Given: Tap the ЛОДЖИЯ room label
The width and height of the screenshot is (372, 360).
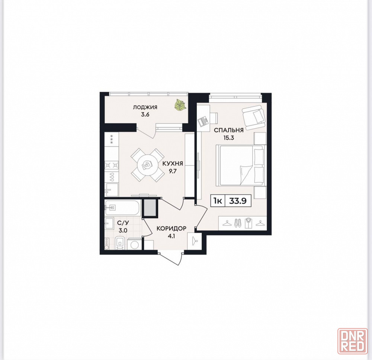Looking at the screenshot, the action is [x=145, y=107].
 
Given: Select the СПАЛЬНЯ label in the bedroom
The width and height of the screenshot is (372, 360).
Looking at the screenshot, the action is [x=229, y=130].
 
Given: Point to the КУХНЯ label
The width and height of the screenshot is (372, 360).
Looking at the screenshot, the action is [x=173, y=163].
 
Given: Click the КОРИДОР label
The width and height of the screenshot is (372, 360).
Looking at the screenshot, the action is [x=171, y=228].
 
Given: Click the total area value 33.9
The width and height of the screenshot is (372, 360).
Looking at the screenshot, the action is [x=237, y=201].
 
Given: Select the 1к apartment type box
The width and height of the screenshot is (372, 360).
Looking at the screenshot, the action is [x=218, y=201].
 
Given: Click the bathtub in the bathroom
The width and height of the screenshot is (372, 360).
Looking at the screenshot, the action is [x=124, y=208].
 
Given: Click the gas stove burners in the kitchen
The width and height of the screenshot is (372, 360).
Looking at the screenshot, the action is [x=112, y=165].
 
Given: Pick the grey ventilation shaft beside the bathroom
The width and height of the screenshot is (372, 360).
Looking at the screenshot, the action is [x=150, y=208].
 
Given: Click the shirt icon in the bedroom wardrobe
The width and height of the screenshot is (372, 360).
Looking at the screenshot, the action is [x=248, y=223].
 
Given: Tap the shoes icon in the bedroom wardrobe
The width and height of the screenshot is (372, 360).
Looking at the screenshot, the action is [x=237, y=223].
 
